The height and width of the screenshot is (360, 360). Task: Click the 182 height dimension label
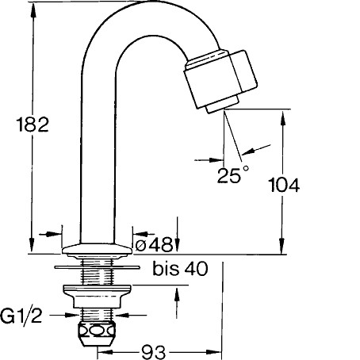[x=33, y=124]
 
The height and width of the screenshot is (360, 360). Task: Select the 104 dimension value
[x=284, y=185]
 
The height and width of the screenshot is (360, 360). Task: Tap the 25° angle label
[x=233, y=174]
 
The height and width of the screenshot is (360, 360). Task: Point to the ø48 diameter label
[x=154, y=245]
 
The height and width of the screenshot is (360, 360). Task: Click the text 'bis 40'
[x=180, y=269]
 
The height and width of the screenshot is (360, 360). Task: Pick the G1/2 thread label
[x=21, y=316]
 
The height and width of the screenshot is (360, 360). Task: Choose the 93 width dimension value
[x=153, y=352]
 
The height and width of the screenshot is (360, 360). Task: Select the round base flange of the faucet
[x=97, y=250]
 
